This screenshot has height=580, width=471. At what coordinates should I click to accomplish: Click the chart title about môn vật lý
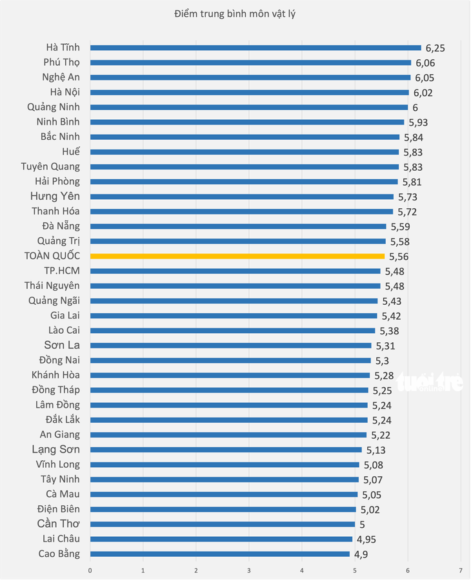pyautogui.click(x=235, y=14)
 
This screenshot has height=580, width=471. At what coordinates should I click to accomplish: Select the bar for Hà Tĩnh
pyautogui.click(x=256, y=48)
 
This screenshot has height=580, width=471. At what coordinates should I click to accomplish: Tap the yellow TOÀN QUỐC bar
pyautogui.click(x=237, y=256)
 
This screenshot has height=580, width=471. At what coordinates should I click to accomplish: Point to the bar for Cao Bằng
pyautogui.click(x=220, y=554)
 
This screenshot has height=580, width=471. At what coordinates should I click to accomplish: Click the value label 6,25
pyautogui.click(x=435, y=48)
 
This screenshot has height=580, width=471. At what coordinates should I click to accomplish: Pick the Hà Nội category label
pyautogui.click(x=65, y=92)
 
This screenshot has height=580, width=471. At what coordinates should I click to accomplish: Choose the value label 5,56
pyautogui.click(x=399, y=256)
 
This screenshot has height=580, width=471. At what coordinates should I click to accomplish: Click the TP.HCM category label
pyautogui.click(x=62, y=271)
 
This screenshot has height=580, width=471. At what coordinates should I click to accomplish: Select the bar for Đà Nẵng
pyautogui.click(x=238, y=226)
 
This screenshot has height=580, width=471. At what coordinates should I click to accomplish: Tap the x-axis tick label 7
pyautogui.click(x=461, y=570)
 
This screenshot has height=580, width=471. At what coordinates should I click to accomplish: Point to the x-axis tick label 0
pyautogui.click(x=90, y=570)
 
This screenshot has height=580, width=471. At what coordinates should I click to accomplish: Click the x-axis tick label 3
pyautogui.click(x=249, y=570)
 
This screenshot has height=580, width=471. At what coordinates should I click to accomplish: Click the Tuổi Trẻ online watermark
pyautogui.click(x=430, y=382)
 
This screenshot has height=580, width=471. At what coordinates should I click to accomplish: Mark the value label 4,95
pyautogui.click(x=366, y=539)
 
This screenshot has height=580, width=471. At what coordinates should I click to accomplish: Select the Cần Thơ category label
pyautogui.click(x=59, y=524)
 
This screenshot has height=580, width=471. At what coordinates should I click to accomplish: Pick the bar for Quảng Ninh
pyautogui.click(x=249, y=107)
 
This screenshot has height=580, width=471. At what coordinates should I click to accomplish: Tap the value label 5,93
pyautogui.click(x=418, y=122)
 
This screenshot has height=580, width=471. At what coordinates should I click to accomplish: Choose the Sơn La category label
pyautogui.click(x=62, y=345)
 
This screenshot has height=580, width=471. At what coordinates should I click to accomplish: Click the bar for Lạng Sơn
pyautogui.click(x=226, y=450)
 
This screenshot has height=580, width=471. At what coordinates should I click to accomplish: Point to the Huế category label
pyautogui.click(x=71, y=151)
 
